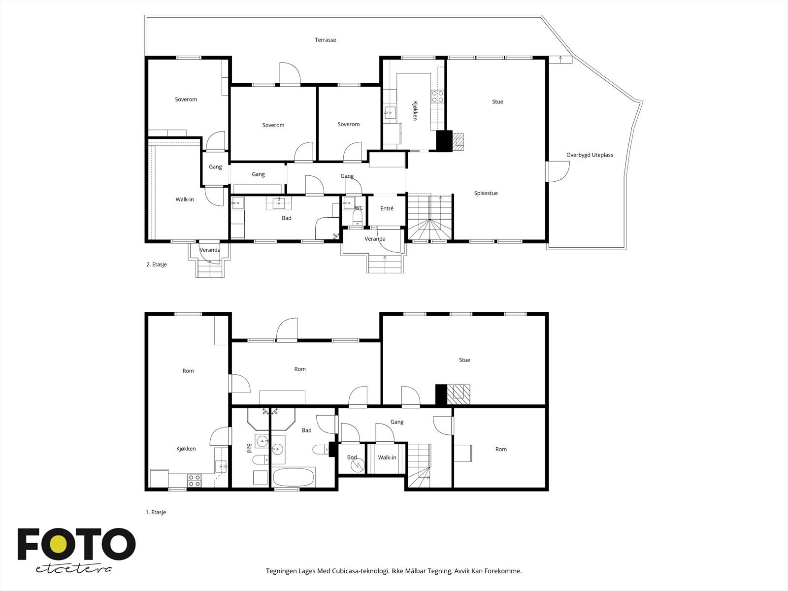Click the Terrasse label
[325, 40]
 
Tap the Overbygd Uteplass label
[590, 155]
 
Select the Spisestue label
[486, 193]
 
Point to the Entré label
[387, 208]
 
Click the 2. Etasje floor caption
[157, 264]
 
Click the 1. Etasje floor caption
[156, 512]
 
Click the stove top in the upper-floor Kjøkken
[437, 97]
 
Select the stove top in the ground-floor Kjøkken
[194, 481]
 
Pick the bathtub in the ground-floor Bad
[294, 477]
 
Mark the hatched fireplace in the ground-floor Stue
[459, 394]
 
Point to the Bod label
[352, 457]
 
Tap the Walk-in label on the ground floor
[387, 458]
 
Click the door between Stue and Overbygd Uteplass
[558, 171]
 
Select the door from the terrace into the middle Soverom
[290, 73]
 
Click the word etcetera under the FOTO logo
[73, 569]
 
